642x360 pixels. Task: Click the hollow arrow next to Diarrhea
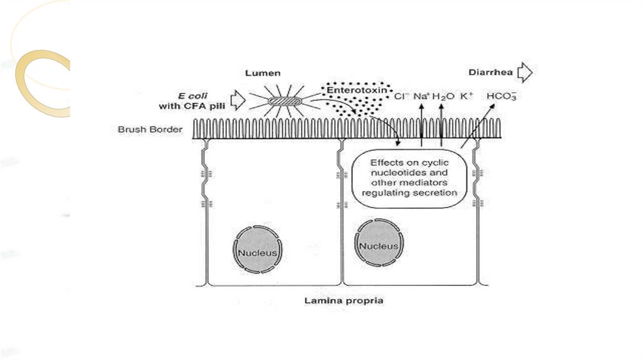point(525,73)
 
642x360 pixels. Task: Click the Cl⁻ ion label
point(401,97)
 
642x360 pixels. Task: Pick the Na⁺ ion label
point(421,97)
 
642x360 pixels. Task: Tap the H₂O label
point(443,97)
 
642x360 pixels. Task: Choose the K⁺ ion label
point(466,97)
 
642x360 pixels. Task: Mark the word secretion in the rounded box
point(435,193)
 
